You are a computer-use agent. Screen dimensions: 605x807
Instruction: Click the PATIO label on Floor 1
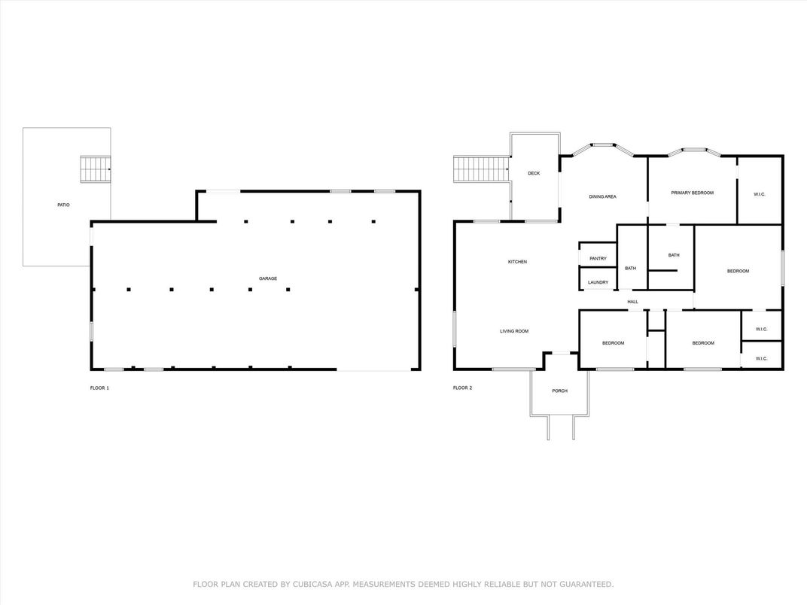(63, 205)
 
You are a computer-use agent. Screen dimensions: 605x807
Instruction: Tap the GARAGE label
(268, 278)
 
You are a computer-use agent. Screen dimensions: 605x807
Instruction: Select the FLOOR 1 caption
(99, 388)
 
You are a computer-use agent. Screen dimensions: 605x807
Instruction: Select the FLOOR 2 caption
(462, 388)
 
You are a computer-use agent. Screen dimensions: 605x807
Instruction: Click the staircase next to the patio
(96, 169)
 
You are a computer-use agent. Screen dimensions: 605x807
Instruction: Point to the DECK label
(534, 174)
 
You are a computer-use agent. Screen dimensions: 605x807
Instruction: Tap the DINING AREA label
(602, 197)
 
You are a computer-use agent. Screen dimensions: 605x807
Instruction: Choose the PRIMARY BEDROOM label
(692, 193)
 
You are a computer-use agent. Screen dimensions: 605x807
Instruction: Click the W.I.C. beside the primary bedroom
(760, 195)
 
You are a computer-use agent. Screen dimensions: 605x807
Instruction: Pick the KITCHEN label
(517, 262)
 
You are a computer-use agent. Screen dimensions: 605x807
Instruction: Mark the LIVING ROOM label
(515, 331)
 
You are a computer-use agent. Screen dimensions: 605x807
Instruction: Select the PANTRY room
(598, 259)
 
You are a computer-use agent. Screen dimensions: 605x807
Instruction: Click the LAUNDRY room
(598, 282)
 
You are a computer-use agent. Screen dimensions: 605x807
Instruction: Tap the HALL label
(632, 302)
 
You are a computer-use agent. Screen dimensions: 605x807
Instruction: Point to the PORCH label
(559, 391)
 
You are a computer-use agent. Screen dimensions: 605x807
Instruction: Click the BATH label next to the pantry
(630, 269)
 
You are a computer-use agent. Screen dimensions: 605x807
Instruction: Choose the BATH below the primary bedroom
(674, 255)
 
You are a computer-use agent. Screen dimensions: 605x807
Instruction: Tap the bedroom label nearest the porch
(613, 343)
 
